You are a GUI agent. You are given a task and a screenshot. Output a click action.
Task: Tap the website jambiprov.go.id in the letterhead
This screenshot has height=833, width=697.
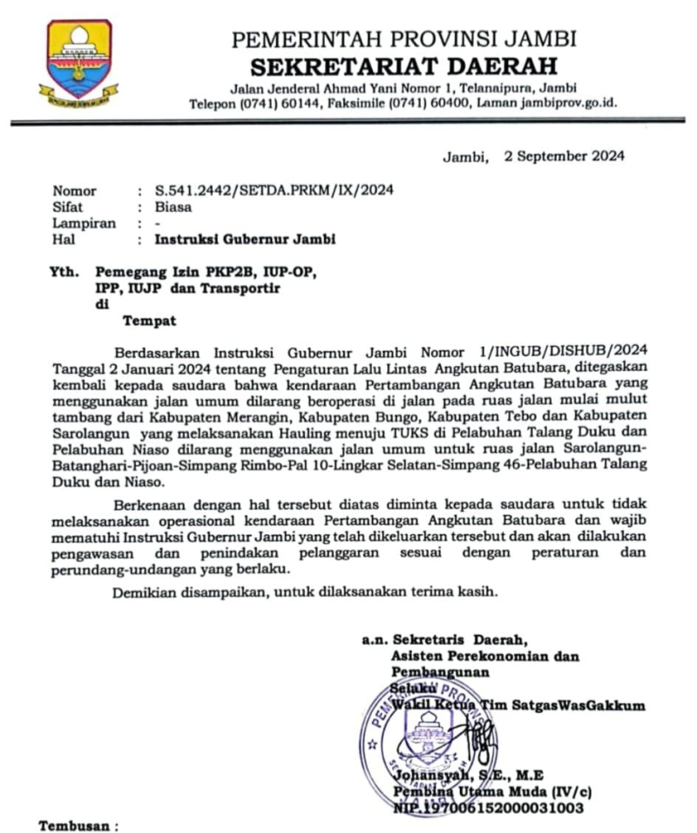(x=568, y=103)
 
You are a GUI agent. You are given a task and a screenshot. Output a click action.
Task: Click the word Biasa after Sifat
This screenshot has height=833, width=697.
(x=174, y=207)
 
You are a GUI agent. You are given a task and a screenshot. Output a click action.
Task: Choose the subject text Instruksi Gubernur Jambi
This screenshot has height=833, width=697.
(x=245, y=239)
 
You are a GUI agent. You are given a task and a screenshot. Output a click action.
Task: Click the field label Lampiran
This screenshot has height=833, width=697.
(x=85, y=223)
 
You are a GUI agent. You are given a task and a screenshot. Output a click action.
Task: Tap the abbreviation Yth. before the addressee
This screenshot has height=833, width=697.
(x=66, y=272)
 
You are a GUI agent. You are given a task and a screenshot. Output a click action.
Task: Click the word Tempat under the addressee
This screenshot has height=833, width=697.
(x=149, y=320)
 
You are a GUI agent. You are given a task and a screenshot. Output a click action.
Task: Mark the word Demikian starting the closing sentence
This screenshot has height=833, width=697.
(x=144, y=593)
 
